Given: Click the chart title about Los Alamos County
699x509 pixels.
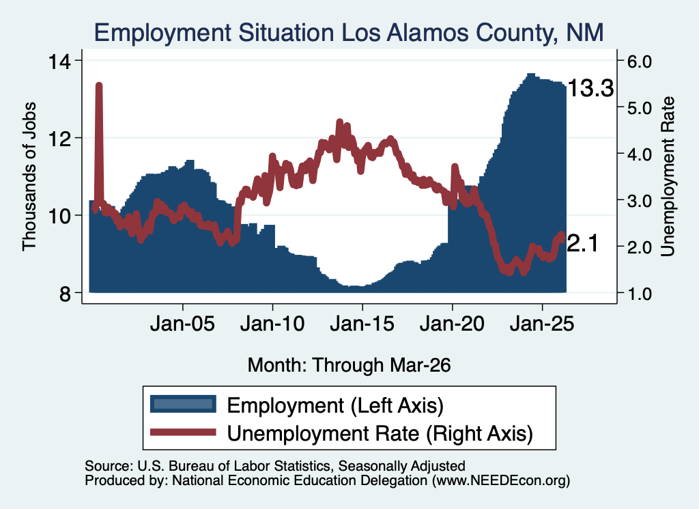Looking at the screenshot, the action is [x=349, y=33].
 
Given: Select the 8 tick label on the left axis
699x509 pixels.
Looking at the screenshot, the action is [x=65, y=294].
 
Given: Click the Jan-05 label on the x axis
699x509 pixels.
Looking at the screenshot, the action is [x=182, y=324].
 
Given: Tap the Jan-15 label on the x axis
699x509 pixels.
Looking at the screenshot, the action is [x=362, y=324].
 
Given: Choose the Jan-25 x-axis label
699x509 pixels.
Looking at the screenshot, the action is [x=542, y=324].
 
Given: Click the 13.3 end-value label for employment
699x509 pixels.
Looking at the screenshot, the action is [x=590, y=88].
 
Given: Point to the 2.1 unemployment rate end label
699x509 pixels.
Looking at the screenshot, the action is [x=582, y=244].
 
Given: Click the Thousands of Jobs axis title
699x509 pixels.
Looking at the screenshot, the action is [x=29, y=177].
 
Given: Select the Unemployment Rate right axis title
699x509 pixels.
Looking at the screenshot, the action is [x=668, y=177].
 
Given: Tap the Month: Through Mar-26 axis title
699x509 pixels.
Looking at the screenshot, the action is [x=349, y=365].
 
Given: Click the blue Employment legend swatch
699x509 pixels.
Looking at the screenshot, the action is [x=183, y=404].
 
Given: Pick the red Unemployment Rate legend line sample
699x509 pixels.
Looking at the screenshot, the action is [x=183, y=432].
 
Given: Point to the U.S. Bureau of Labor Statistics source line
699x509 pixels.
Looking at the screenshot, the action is [x=275, y=466].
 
